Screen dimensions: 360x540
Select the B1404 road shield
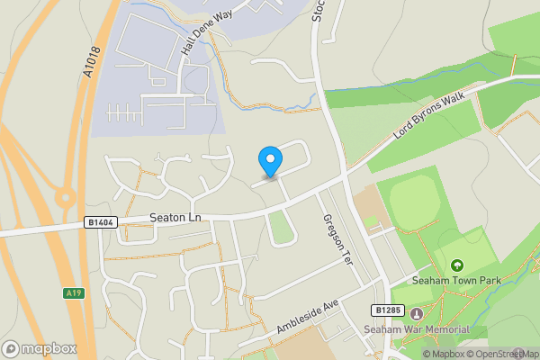(103, 221)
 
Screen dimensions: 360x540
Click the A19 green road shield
(74, 292)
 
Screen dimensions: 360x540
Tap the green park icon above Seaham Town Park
(456, 265)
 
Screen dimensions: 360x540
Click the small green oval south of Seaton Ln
(282, 232)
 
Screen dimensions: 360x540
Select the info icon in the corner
(532, 354)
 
